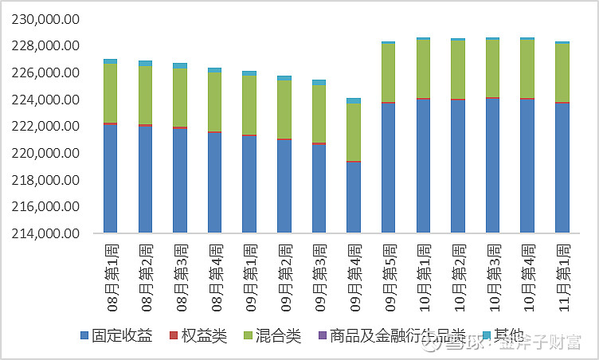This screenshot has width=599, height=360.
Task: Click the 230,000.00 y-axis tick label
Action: click(x=46, y=19)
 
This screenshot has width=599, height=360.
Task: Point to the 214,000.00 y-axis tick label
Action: click(x=46, y=233)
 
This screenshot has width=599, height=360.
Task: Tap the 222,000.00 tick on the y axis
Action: click(x=46, y=127)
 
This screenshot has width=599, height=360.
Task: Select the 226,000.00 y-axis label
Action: click(x=46, y=73)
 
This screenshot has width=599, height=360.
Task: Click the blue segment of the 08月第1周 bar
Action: click(x=110, y=179)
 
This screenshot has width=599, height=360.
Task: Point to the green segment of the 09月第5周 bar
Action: click(x=388, y=72)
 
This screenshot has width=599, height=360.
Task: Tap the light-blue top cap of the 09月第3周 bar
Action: click(x=319, y=82)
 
